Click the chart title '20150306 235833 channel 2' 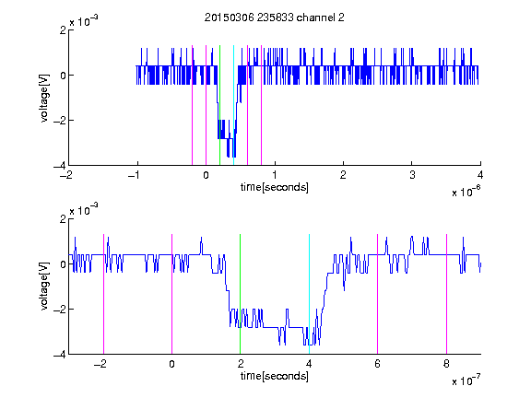pyautogui.click(x=275, y=18)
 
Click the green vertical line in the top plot pyautogui.click(x=219, y=105)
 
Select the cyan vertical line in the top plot pyautogui.click(x=233, y=105)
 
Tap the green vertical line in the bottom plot pyautogui.click(x=240, y=294)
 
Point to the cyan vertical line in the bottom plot pyautogui.click(x=309, y=294)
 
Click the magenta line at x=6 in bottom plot pyautogui.click(x=378, y=294)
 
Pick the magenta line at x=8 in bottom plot pyautogui.click(x=446, y=294)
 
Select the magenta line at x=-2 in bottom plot pyautogui.click(x=103, y=294)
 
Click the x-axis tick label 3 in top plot pyautogui.click(x=412, y=175)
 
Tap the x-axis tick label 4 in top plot pyautogui.click(x=480, y=175)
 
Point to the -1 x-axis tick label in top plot pyautogui.click(x=135, y=175)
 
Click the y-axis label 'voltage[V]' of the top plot pyautogui.click(x=44, y=99)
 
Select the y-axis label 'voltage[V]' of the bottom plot pyautogui.click(x=44, y=287)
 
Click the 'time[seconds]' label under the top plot pyautogui.click(x=275, y=187)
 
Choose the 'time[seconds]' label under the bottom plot pyautogui.click(x=275, y=376)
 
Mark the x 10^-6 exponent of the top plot pyautogui.click(x=466, y=192)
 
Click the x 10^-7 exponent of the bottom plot pyautogui.click(x=466, y=380)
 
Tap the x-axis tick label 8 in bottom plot pyautogui.click(x=446, y=364)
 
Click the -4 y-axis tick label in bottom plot pyautogui.click(x=60, y=355)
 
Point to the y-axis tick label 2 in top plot pyautogui.click(x=63, y=30)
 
